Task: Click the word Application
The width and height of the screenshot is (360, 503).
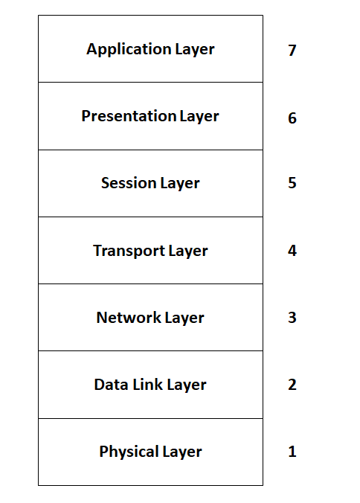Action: (129, 50)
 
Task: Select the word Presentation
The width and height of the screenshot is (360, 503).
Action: (129, 116)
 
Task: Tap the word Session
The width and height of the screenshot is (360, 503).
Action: (129, 183)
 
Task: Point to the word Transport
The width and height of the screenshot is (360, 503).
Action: (129, 251)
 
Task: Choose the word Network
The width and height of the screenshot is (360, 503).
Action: (129, 318)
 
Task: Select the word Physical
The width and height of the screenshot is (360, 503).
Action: (129, 452)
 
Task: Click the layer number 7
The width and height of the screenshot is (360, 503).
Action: (292, 51)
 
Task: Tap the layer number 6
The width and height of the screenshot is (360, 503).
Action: (292, 118)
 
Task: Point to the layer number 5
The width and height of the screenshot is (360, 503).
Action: (292, 182)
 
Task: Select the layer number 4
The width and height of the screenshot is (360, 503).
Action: (292, 250)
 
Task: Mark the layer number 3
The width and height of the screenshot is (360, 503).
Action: (292, 317)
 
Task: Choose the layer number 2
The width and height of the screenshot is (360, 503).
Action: (292, 384)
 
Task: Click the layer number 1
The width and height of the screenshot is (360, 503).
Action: (292, 452)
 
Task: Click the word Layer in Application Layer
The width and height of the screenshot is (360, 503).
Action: (195, 50)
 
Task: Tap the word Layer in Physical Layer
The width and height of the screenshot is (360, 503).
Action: (182, 452)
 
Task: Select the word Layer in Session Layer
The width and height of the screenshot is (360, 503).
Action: (180, 184)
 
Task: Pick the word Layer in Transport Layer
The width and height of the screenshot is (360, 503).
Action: (188, 251)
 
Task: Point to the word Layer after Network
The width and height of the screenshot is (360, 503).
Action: (184, 318)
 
